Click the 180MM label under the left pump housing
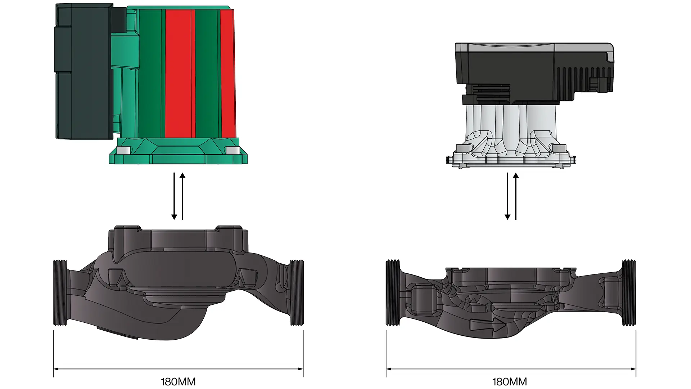[x=178, y=382]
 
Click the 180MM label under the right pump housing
[x=510, y=382]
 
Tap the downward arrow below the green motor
[x=174, y=196]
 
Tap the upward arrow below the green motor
[x=182, y=196]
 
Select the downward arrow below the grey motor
[x=507, y=196]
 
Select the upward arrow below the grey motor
[x=516, y=196]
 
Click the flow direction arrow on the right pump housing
[x=488, y=325]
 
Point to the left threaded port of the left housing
[x=60, y=293]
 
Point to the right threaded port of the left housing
[x=297, y=293]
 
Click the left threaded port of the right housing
[x=393, y=293]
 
